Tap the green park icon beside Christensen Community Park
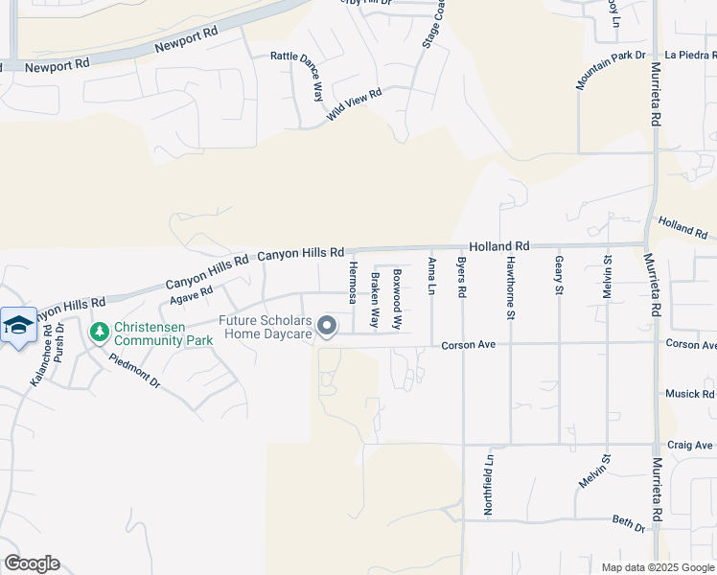click(98, 333)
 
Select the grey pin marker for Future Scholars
click(327, 327)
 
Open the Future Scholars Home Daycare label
click(266, 328)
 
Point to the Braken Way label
click(375, 299)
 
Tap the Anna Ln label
click(432, 275)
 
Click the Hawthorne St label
click(511, 287)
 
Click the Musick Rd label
click(690, 394)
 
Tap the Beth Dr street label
click(628, 522)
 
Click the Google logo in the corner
click(32, 563)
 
